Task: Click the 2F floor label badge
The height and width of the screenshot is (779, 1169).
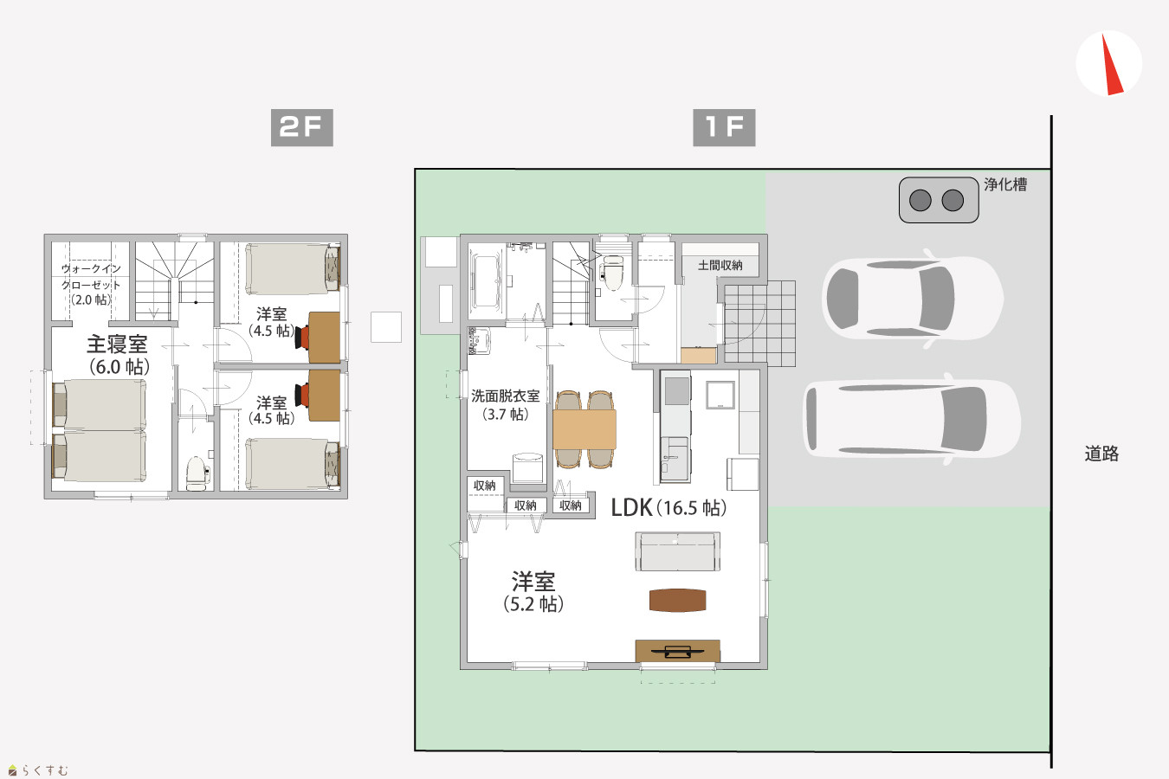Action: (301, 127)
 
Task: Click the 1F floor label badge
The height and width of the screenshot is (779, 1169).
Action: (724, 127)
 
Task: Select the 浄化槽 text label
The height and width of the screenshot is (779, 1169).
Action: (1005, 184)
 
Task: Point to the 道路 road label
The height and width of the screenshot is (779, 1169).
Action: (1101, 454)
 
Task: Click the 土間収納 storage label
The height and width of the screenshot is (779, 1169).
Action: (720, 265)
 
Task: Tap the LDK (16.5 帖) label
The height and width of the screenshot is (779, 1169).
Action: (668, 508)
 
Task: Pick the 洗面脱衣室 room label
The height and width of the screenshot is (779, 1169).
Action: (505, 396)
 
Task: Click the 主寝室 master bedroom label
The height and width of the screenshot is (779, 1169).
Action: (117, 344)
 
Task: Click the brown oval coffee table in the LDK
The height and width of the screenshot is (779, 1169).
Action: (677, 600)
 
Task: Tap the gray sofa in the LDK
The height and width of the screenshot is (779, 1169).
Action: (677, 551)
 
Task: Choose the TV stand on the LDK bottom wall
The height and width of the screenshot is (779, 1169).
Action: (677, 651)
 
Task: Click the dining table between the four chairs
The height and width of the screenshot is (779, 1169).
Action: (584, 429)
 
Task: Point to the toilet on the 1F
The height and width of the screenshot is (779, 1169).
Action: (610, 272)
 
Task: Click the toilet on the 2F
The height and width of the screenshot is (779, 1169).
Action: (197, 473)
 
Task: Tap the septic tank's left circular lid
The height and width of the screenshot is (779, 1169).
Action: (920, 200)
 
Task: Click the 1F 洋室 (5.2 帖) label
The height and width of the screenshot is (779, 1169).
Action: (533, 592)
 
